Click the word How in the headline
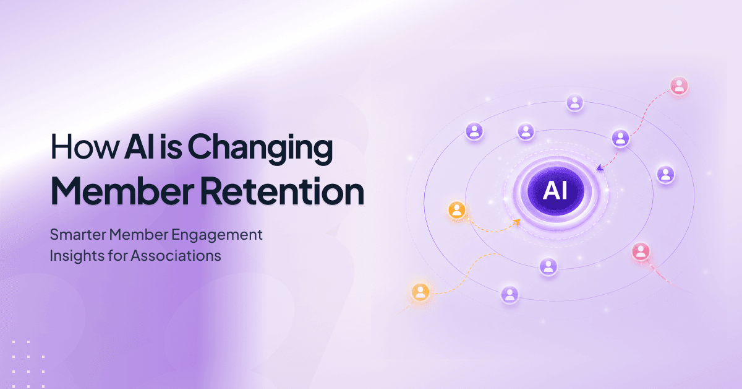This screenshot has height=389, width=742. click(85, 146)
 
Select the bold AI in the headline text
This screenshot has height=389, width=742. click(140, 146)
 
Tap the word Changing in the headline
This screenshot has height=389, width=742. click(260, 149)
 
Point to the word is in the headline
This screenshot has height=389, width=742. click(171, 146)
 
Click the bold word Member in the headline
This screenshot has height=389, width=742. click(122, 191)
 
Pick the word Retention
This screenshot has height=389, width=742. click(282, 191)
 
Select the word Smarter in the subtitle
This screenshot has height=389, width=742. click(78, 235)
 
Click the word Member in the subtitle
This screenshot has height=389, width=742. click(139, 235)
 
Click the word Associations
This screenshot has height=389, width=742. click(176, 256)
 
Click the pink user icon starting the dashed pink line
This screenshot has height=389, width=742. click(679, 86)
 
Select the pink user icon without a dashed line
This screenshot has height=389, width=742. click(641, 251)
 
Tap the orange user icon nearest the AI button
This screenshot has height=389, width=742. click(457, 210)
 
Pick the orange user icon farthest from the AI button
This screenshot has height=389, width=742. click(420, 292)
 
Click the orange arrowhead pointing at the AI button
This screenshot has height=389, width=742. click(517, 222)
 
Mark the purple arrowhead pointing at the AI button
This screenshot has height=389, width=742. click(600, 168)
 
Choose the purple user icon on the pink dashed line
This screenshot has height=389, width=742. click(620, 138)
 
